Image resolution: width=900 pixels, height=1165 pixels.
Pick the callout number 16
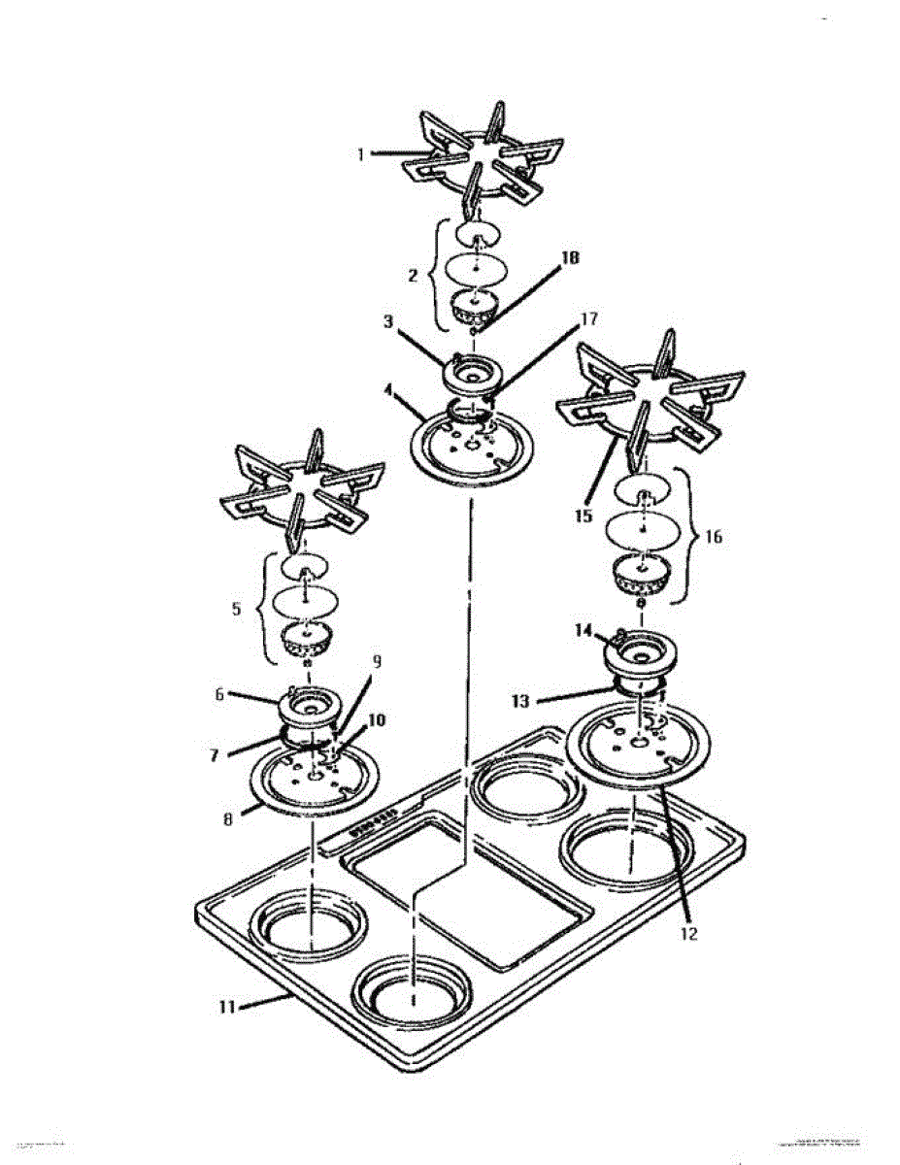pyautogui.click(x=715, y=535)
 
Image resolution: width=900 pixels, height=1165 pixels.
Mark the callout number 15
pyautogui.click(x=583, y=516)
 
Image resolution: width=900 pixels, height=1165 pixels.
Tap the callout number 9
pyautogui.click(x=377, y=661)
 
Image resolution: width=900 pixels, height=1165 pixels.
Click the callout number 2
pyautogui.click(x=415, y=276)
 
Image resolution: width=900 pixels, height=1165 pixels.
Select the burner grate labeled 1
pyautogui.click(x=483, y=158)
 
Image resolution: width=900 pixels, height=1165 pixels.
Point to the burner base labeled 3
pyautogui.click(x=475, y=370)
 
